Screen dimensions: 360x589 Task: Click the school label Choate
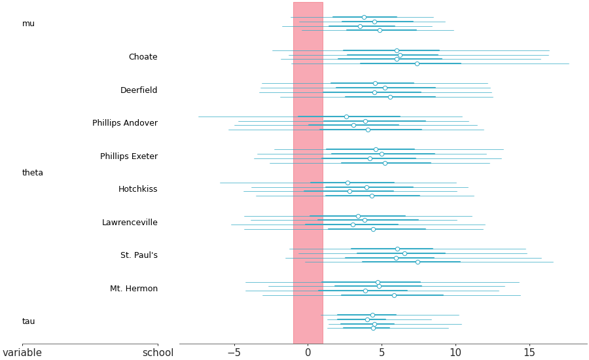143,57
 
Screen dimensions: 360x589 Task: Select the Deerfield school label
139,90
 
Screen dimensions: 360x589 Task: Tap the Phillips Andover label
125,123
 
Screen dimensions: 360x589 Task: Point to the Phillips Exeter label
129,156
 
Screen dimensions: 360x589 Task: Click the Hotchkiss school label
137,189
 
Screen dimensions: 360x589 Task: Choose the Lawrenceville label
130,223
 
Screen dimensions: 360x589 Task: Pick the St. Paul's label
139,255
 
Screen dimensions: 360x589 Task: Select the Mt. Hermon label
134,289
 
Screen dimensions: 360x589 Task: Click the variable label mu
28,24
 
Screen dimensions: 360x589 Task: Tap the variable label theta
33,173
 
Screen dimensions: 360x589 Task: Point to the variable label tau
29,321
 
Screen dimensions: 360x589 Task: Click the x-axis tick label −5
234,353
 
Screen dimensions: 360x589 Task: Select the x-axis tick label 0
308,353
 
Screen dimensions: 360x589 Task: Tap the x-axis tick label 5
382,353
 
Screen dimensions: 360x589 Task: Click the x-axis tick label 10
455,353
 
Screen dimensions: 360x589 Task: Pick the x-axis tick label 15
529,353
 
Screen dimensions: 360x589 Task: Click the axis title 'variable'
22,353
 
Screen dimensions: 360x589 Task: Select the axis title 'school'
158,353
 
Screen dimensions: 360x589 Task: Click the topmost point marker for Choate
397,50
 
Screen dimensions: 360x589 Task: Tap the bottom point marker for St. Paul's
418,262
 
